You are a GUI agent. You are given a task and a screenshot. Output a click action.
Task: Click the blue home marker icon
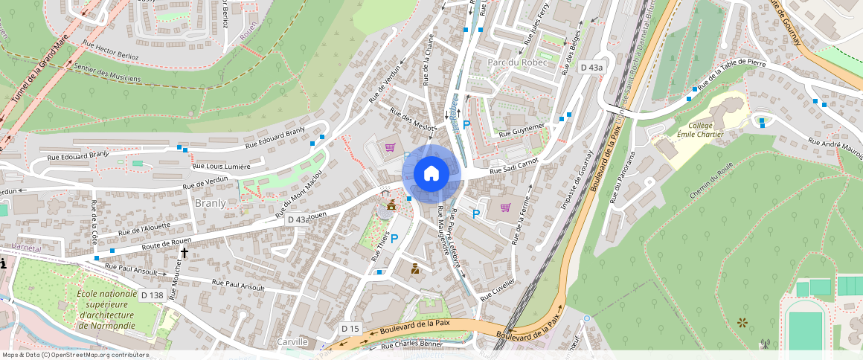[431, 173]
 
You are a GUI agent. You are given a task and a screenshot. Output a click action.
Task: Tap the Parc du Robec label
[517, 62]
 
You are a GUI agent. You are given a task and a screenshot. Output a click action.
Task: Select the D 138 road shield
[152, 295]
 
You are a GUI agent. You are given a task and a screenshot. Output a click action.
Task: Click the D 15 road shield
[350, 328]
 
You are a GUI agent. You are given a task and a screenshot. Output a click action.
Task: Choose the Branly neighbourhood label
[210, 202]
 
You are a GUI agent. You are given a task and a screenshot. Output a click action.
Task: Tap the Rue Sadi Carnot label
[514, 167]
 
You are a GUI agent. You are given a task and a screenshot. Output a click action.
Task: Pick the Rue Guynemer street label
[522, 129]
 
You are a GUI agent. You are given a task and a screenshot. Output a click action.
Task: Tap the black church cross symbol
[184, 253]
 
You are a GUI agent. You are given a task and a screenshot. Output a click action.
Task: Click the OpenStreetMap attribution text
[74, 355]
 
